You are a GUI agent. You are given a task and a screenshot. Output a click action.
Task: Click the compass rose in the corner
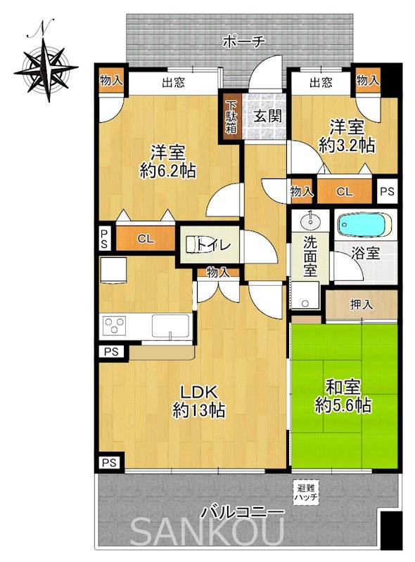click(x=46, y=67)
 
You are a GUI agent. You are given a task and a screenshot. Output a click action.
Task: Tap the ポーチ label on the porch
click(x=244, y=42)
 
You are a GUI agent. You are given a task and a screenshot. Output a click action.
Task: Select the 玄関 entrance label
click(x=267, y=116)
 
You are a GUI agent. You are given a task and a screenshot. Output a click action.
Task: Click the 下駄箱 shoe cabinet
click(x=231, y=117)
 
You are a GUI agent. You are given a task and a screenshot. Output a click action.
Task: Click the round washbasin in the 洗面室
click(x=309, y=221)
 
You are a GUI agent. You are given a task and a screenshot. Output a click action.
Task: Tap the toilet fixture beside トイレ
click(x=195, y=245)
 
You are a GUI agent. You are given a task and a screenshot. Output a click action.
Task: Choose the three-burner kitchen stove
click(x=114, y=325)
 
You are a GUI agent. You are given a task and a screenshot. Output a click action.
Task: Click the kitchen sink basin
click(x=170, y=325)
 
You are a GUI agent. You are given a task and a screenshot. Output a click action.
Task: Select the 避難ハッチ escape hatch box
click(x=306, y=493)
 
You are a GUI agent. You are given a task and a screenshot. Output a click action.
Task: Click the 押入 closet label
click(x=362, y=305)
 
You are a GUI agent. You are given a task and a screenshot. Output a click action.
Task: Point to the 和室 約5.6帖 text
click(x=343, y=396)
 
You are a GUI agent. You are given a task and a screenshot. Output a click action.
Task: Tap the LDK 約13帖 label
click(x=199, y=401)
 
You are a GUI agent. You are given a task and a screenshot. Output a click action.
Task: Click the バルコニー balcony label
click(x=243, y=513)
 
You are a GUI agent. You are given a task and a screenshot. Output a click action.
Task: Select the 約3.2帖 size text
click(x=347, y=146)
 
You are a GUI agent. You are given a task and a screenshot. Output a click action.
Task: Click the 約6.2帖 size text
click(x=167, y=171)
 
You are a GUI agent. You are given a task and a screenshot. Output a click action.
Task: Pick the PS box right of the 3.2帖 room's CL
click(x=387, y=191)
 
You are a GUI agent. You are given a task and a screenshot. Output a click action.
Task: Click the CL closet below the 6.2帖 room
click(x=146, y=238)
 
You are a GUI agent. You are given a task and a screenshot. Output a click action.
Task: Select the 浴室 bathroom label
click(x=365, y=254)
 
